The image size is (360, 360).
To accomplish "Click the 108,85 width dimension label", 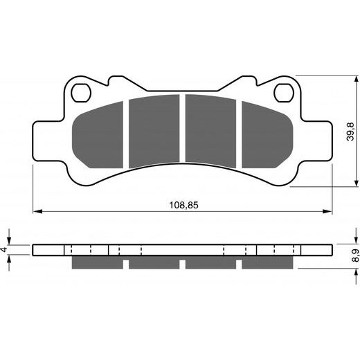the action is point(183,205).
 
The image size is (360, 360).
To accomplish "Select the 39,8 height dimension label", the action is point(350,132).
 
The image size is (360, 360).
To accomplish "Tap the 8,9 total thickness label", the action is point(355,255).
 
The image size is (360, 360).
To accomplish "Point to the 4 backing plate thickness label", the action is point(3,249).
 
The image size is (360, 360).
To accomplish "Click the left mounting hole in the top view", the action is point(81,93).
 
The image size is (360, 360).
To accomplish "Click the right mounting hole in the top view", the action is point(284,93).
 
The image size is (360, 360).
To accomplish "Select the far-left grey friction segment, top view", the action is point(98,135).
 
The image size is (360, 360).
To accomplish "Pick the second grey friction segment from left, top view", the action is point(154,131).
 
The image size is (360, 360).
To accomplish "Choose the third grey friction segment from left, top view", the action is point(210,131).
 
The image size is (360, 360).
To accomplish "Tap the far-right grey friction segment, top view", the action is point(267,135).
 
